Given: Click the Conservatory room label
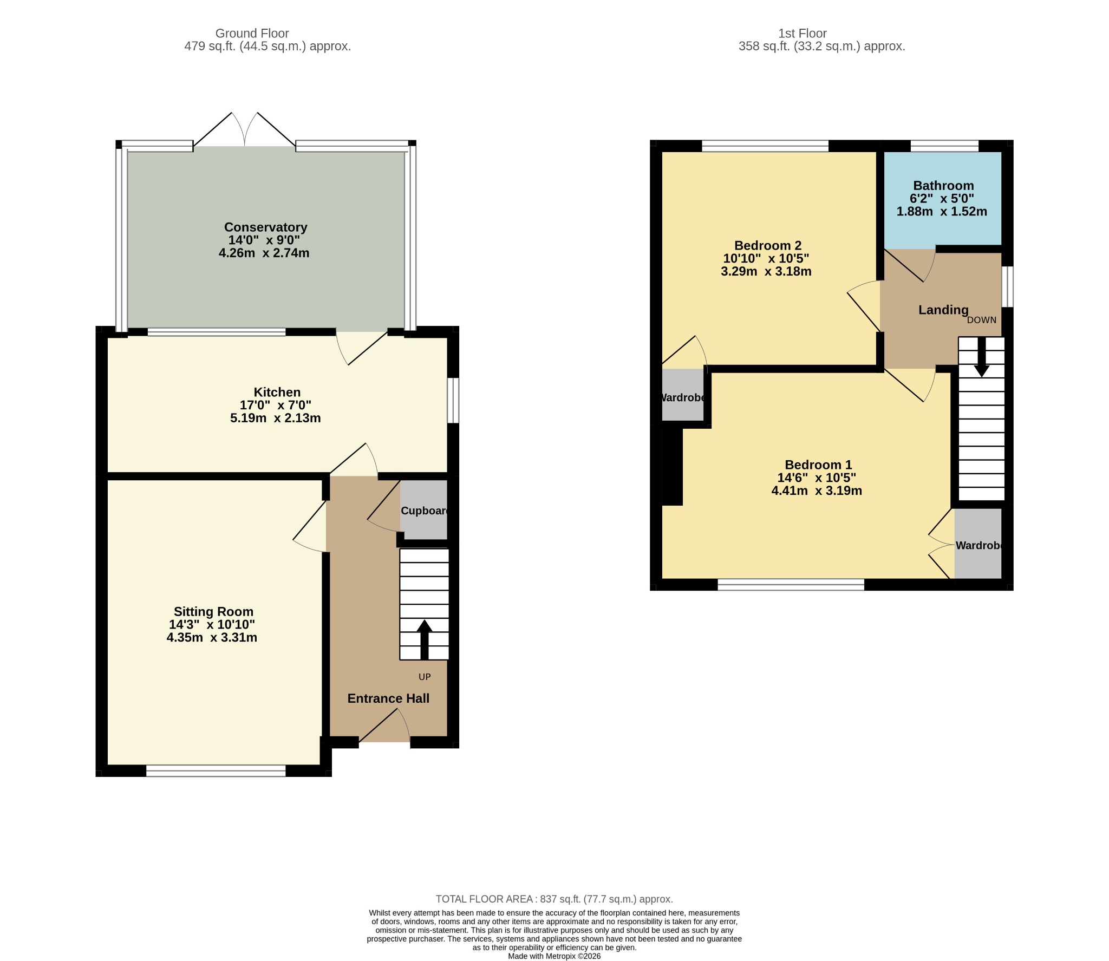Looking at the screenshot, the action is pyautogui.click(x=265, y=227).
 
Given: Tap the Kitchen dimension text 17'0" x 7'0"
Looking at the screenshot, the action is pyautogui.click(x=276, y=405).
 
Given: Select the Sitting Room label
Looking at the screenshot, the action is pyautogui.click(x=213, y=612).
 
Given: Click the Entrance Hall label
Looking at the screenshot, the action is pyautogui.click(x=388, y=698).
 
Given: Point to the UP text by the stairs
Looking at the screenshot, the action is pyautogui.click(x=425, y=677).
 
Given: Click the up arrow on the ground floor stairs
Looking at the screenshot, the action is pyautogui.click(x=424, y=639).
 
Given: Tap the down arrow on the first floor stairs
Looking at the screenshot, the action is pyautogui.click(x=982, y=357).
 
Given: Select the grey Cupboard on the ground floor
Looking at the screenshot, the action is pyautogui.click(x=424, y=509).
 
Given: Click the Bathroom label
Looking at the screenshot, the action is pyautogui.click(x=943, y=186).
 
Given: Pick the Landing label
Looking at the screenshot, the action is pyautogui.click(x=943, y=310).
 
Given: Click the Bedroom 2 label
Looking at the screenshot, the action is pyautogui.click(x=768, y=246).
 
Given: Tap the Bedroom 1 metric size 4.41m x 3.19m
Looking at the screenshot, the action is pyautogui.click(x=817, y=491).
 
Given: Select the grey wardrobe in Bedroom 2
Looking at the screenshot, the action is pyautogui.click(x=683, y=395).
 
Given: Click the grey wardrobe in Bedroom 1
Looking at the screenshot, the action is pyautogui.click(x=978, y=544).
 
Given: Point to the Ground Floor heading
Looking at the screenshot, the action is pyautogui.click(x=252, y=34).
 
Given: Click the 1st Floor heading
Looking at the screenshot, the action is pyautogui.click(x=803, y=34).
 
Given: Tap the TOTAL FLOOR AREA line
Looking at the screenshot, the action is pyautogui.click(x=554, y=899).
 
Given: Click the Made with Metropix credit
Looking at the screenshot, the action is pyautogui.click(x=554, y=956).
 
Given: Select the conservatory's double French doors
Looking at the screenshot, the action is pyautogui.click(x=245, y=130).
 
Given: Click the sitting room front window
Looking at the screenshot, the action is pyautogui.click(x=216, y=771).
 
